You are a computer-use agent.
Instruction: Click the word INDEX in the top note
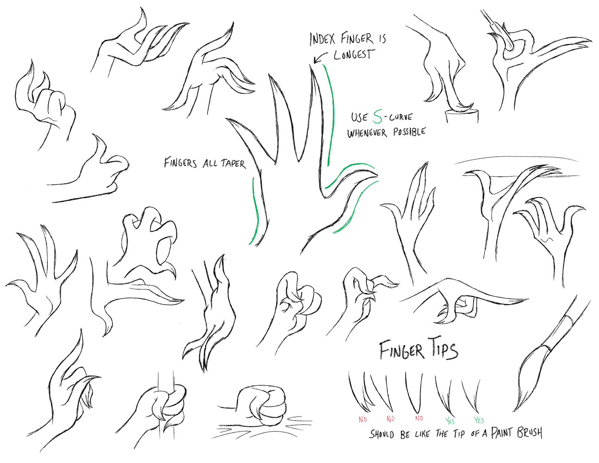(x=322, y=39)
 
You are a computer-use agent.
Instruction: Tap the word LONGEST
(x=353, y=55)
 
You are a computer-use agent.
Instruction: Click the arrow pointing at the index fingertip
(x=320, y=58)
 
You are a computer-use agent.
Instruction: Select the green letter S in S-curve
(x=378, y=117)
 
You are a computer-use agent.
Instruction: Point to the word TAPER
(x=233, y=164)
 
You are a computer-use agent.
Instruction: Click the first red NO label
(x=362, y=420)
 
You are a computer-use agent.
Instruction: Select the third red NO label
(x=419, y=418)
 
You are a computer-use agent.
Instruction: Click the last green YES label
(x=479, y=420)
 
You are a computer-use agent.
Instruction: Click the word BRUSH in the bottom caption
(x=530, y=433)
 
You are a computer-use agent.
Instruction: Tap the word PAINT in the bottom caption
(x=501, y=433)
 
